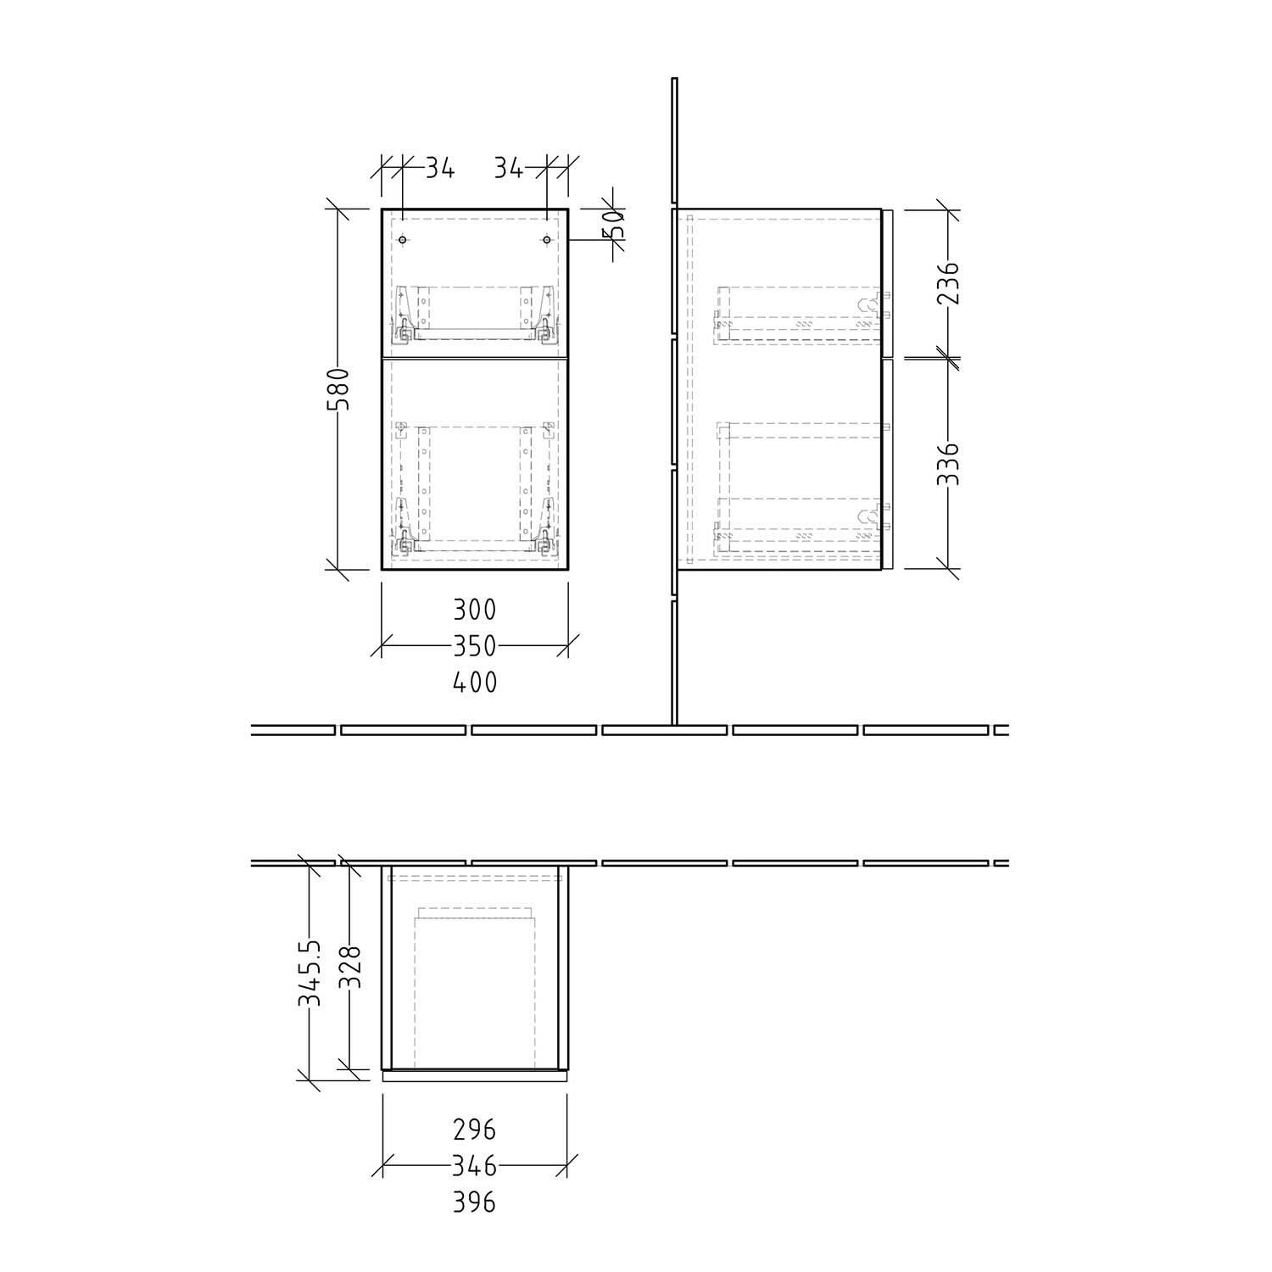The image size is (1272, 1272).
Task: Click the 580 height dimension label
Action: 338,389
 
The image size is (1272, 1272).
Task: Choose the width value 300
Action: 474,609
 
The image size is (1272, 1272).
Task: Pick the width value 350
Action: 474,646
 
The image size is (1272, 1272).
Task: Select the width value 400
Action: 474,682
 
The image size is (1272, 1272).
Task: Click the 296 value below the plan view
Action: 474,1130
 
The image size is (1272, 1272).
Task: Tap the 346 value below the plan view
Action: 474,1167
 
